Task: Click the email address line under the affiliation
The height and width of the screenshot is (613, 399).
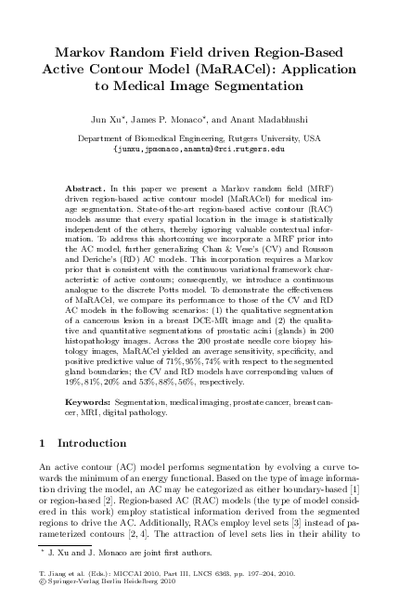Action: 199,148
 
